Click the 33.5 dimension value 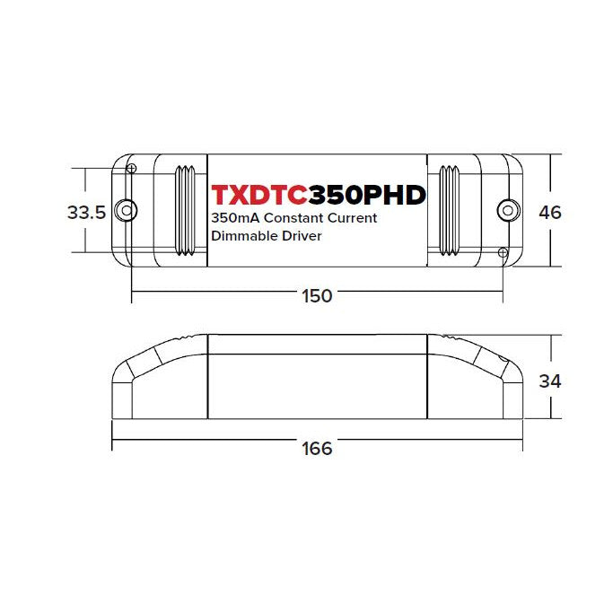[86, 213]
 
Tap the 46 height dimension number [550, 213]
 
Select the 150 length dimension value [317, 296]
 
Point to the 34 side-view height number [550, 381]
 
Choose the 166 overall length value [317, 449]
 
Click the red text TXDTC [258, 195]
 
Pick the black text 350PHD [367, 195]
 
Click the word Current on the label [352, 218]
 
